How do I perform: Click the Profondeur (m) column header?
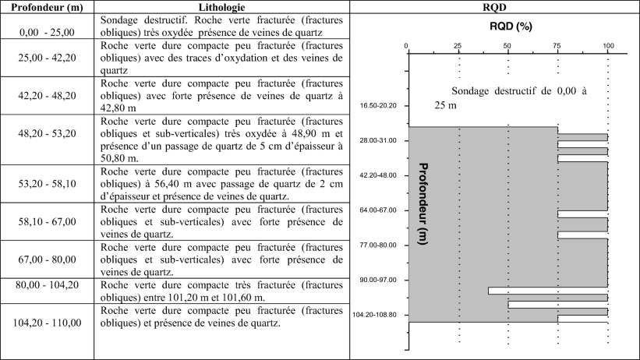click(47, 7)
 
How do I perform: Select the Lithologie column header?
click(221, 7)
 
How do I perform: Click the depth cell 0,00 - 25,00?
click(47, 32)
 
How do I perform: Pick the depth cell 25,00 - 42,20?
click(47, 58)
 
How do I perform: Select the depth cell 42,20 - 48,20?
click(47, 96)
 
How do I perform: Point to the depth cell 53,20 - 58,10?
click(47, 183)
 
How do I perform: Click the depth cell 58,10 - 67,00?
click(47, 222)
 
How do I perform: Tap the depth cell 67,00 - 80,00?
click(47, 259)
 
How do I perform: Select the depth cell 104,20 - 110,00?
click(47, 322)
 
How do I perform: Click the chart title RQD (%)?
click(510, 26)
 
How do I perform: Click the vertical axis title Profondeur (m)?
click(425, 204)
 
